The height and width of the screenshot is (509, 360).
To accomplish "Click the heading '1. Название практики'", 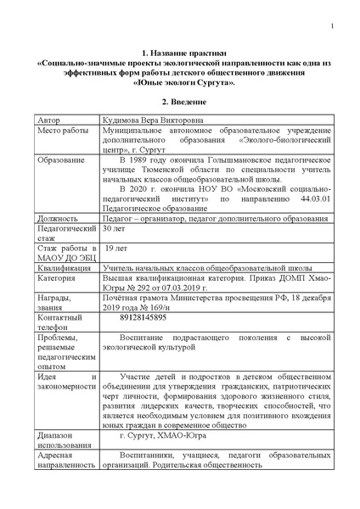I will [180, 53].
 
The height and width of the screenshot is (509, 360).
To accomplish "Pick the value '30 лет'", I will [115, 229].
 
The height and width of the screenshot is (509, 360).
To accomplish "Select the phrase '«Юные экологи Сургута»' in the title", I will [180, 84].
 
